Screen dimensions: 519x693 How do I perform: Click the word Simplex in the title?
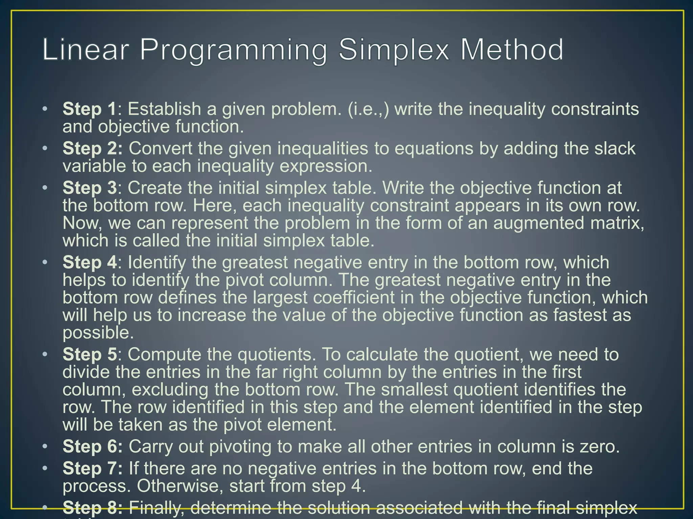(x=394, y=50)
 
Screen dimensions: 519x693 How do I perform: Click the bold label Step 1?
(x=89, y=109)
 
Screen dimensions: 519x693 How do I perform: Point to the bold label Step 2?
(x=92, y=149)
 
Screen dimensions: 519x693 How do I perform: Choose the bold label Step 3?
(x=90, y=188)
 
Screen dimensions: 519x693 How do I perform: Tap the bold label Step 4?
(x=90, y=263)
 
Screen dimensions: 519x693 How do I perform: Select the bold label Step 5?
(x=90, y=354)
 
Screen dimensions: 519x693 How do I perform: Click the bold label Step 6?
(x=92, y=446)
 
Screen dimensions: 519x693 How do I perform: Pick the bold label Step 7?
(x=92, y=469)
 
